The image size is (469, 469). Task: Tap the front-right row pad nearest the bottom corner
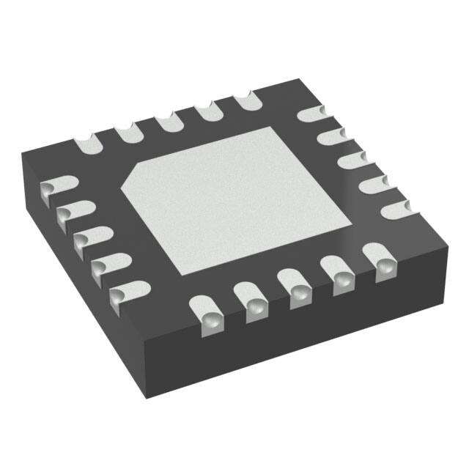coord(210,311)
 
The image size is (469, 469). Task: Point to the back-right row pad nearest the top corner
coord(311,114)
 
